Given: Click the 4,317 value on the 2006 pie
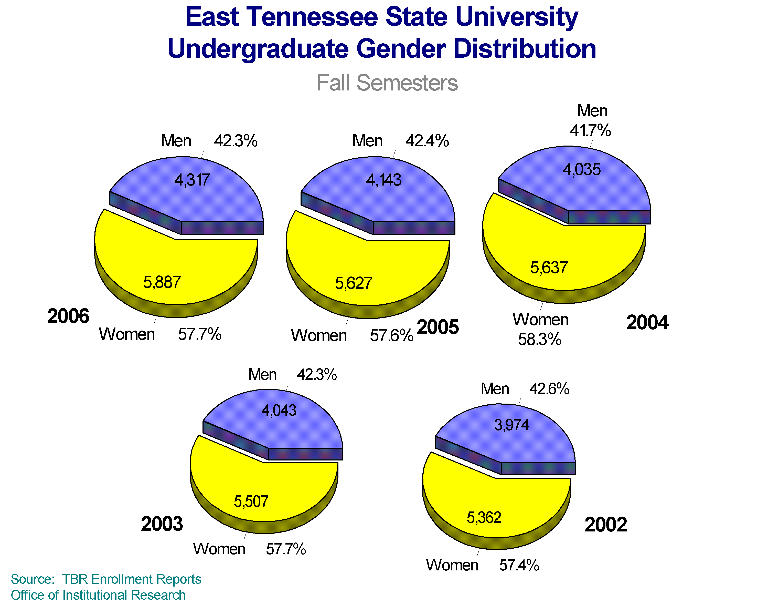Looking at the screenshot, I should tap(192, 180).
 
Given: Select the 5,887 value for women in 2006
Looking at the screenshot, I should tap(162, 282).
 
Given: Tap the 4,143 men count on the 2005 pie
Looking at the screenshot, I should tap(384, 180).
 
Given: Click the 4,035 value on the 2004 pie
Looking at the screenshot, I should tap(581, 170).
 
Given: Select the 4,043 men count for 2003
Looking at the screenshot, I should tap(279, 411).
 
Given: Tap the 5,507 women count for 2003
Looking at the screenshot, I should tap(251, 502).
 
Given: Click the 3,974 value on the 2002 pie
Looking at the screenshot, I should tap(511, 425).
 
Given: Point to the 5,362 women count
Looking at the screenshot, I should tap(484, 518).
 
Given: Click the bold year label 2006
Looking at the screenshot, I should tap(68, 316).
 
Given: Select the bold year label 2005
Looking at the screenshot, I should tap(438, 327).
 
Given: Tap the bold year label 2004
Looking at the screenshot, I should tap(647, 323).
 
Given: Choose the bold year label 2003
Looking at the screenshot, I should tap(162, 524).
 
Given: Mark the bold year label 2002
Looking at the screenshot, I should tap(605, 525).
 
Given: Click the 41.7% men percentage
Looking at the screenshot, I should tap(590, 130).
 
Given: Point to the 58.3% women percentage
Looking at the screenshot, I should tap(539, 340).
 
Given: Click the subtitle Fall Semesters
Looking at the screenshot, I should tap(387, 83).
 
